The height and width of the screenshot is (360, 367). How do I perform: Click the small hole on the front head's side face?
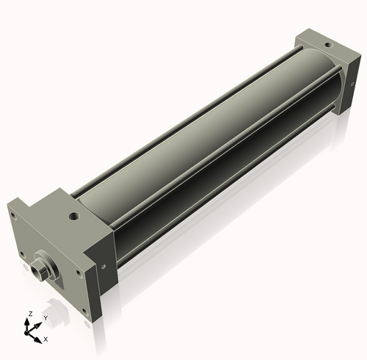(x=106, y=267)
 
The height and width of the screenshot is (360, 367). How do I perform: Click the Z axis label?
(x=30, y=314)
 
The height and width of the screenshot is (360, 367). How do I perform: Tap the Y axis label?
(x=45, y=317)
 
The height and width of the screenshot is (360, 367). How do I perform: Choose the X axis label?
(x=46, y=339)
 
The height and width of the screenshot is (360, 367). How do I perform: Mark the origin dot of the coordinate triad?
(x=32, y=331)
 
